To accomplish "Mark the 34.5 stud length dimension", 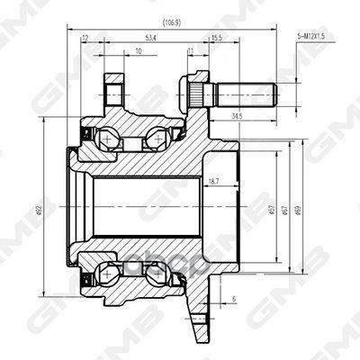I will (x=237, y=116).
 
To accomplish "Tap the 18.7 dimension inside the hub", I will (x=213, y=181).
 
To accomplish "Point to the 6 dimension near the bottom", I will (x=232, y=298).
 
